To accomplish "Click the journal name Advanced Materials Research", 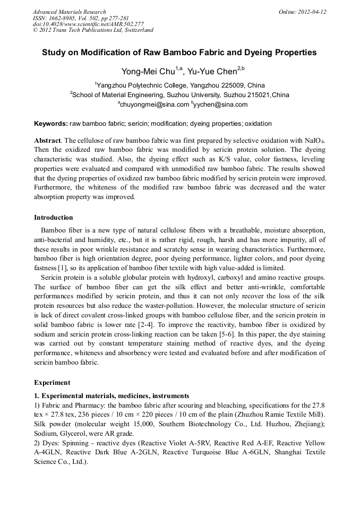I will [x=69, y=12].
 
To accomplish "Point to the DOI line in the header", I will [x=88, y=24].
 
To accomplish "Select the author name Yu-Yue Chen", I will [x=212, y=72].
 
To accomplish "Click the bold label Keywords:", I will [x=51, y=124].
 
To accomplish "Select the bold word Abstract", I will [x=48, y=141].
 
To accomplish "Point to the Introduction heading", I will [x=54, y=218].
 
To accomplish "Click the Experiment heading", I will [x=52, y=382].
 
